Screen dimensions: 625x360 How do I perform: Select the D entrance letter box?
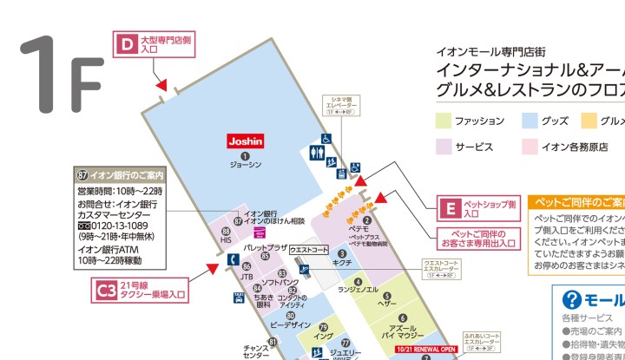pos(128,43)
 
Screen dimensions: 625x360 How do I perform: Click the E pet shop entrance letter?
pos(450,209)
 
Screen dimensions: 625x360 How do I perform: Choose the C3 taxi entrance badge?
pos(106,291)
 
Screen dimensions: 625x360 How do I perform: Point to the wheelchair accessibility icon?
pos(326,138)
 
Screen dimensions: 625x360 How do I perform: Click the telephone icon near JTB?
pos(233,259)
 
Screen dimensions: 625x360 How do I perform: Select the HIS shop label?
pos(226,239)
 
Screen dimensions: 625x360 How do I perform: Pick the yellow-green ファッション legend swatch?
pos(443,121)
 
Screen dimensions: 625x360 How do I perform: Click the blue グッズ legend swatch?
pos(528,121)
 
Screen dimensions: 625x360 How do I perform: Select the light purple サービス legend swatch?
pos(443,147)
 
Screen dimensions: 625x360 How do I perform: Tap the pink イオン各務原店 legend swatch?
pos(528,147)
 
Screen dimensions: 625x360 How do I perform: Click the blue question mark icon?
pos(571,300)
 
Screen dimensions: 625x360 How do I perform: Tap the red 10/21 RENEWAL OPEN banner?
pos(425,350)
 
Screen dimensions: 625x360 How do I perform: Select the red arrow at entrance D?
pos(161,85)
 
